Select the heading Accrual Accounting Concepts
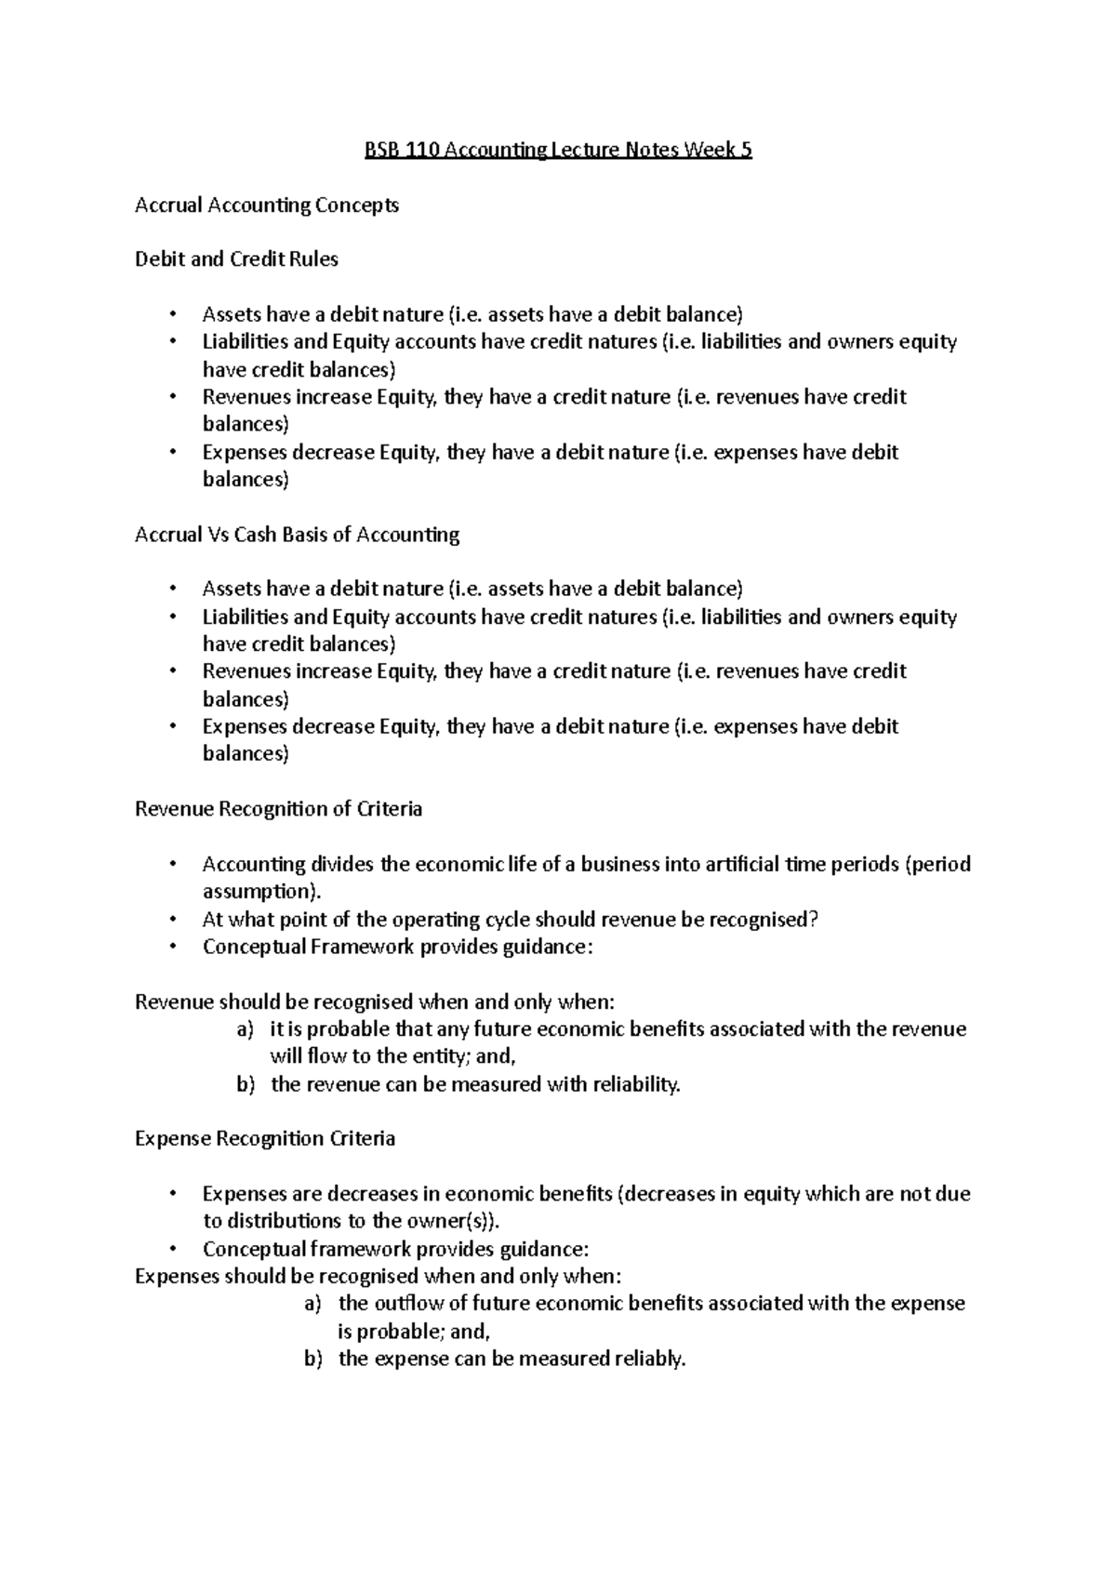tap(267, 205)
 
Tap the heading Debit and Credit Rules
tap(236, 259)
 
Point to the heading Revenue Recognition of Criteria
tap(278, 809)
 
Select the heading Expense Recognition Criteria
tap(265, 1139)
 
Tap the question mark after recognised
tap(814, 920)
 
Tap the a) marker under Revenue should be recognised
tap(245, 1030)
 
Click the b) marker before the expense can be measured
tap(313, 1360)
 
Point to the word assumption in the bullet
tap(258, 892)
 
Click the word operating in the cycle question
tap(437, 920)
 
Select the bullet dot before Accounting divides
tap(172, 865)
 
